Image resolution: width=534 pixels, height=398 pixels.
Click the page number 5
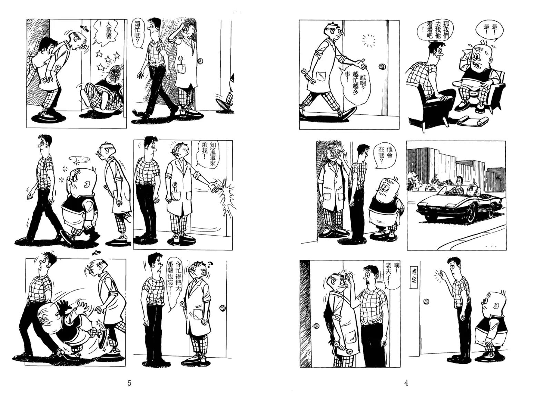[129, 383]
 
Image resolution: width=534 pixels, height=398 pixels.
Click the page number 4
[406, 383]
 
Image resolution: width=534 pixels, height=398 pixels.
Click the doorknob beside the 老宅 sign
[426, 302]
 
